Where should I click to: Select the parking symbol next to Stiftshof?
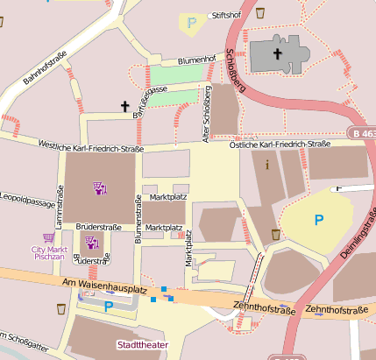pyautogui.click(x=191, y=20)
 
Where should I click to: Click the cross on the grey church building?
pyautogui.click(x=278, y=54)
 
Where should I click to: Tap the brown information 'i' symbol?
pyautogui.click(x=266, y=164)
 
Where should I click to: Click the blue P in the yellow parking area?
pyautogui.click(x=318, y=220)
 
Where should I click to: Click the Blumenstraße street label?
pyautogui.click(x=138, y=218)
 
